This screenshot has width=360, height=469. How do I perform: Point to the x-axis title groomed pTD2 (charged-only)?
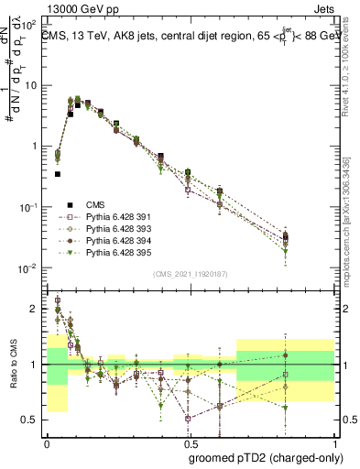pos(267,456)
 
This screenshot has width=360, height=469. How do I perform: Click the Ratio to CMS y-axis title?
pos(14,376)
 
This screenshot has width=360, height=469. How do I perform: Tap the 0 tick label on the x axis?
pos(47,442)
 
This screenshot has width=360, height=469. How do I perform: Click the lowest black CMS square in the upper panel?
pos(57,173)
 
